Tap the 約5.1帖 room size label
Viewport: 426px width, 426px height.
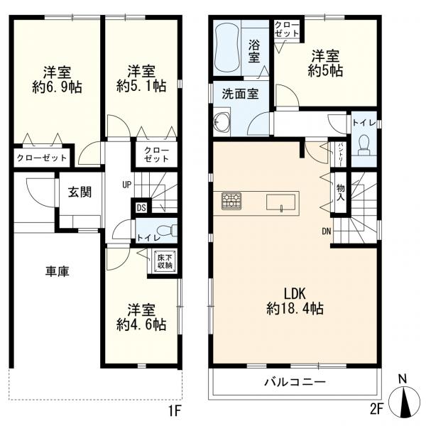141,87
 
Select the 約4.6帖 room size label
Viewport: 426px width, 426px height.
141,324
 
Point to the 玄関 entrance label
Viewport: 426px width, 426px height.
78,192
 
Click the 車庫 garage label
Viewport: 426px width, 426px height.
58,272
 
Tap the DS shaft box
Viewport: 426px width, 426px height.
141,208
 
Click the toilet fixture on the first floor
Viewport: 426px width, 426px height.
165,231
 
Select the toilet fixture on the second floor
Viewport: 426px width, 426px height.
364,146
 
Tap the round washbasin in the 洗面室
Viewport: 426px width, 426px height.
222,121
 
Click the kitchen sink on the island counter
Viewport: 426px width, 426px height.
282,202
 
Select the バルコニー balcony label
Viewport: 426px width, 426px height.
296,382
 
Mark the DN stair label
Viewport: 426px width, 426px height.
326,231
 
